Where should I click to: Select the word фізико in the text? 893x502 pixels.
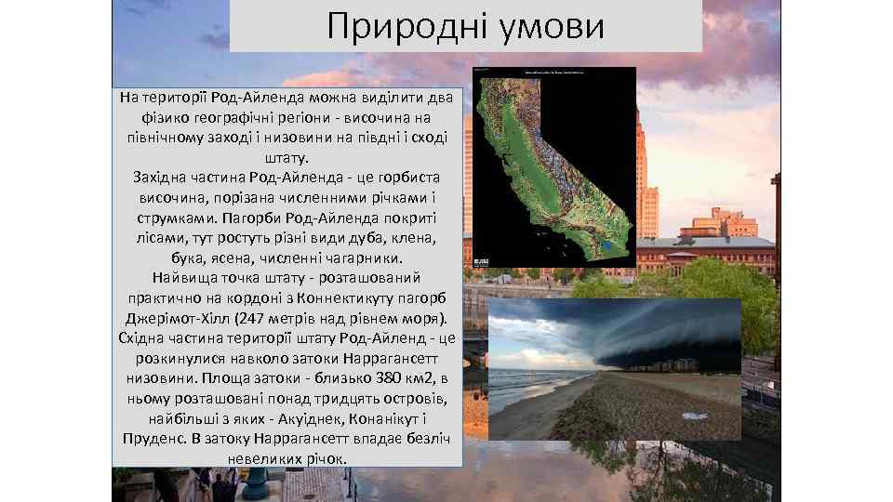(x=165, y=118)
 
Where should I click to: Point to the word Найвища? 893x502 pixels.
(x=183, y=277)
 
